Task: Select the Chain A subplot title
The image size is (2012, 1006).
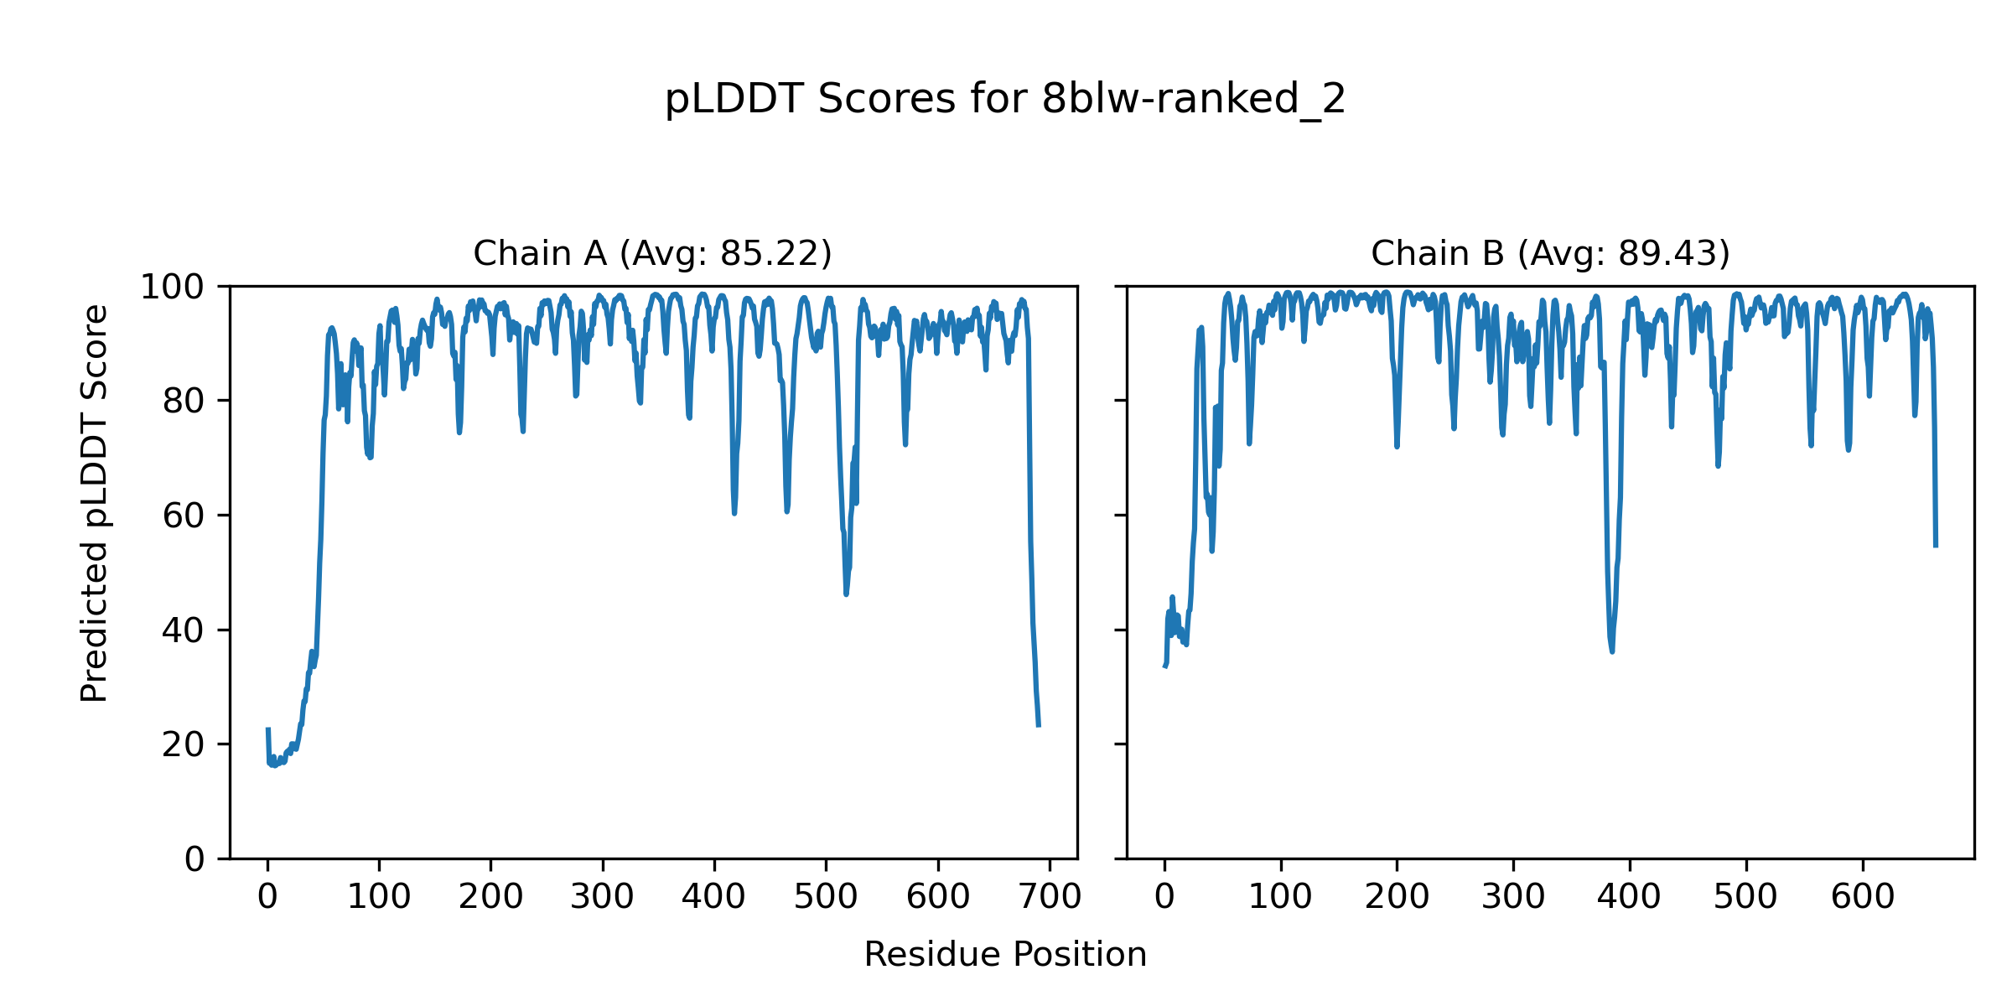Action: click(652, 253)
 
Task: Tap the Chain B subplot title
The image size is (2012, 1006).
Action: click(1550, 253)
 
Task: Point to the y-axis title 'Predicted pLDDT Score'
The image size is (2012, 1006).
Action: click(95, 503)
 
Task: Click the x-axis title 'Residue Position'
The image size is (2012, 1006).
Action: click(1005, 955)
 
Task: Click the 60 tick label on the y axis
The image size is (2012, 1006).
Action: click(183, 516)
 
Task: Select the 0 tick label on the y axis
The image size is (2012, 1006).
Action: click(194, 859)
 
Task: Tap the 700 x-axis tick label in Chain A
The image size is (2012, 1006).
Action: click(1049, 898)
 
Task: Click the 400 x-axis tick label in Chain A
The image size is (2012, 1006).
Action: click(713, 898)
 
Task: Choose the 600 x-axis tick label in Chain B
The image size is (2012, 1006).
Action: click(1863, 898)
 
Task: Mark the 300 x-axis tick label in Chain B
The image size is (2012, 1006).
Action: click(1513, 898)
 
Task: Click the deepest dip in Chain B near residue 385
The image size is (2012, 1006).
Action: click(1612, 651)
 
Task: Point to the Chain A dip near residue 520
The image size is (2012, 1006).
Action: click(846, 594)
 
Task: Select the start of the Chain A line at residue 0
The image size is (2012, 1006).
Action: click(268, 729)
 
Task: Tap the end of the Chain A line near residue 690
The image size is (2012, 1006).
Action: click(1039, 725)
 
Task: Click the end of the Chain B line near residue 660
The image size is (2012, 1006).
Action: click(1936, 546)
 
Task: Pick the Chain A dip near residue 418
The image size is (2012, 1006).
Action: click(734, 512)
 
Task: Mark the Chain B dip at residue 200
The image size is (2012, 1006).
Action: click(1397, 446)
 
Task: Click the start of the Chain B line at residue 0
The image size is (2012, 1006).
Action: click(1164, 666)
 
